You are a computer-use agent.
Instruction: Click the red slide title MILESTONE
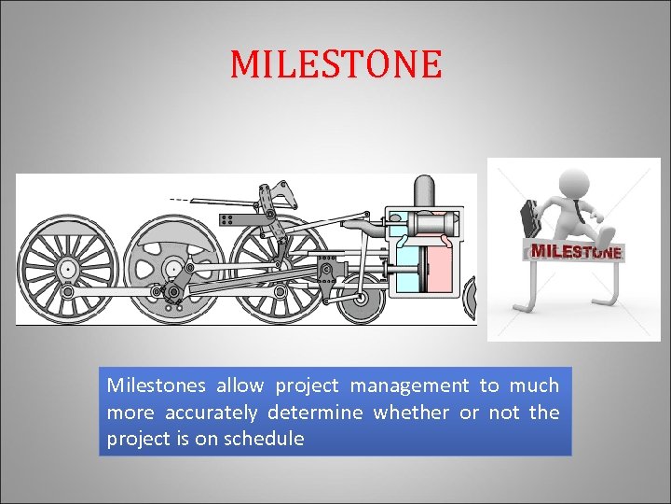(335, 64)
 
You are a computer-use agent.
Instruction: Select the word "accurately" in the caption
(211, 413)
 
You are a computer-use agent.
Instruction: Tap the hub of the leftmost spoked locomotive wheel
(67, 269)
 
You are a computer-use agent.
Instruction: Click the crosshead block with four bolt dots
(326, 271)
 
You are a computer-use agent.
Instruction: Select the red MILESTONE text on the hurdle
(576, 251)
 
